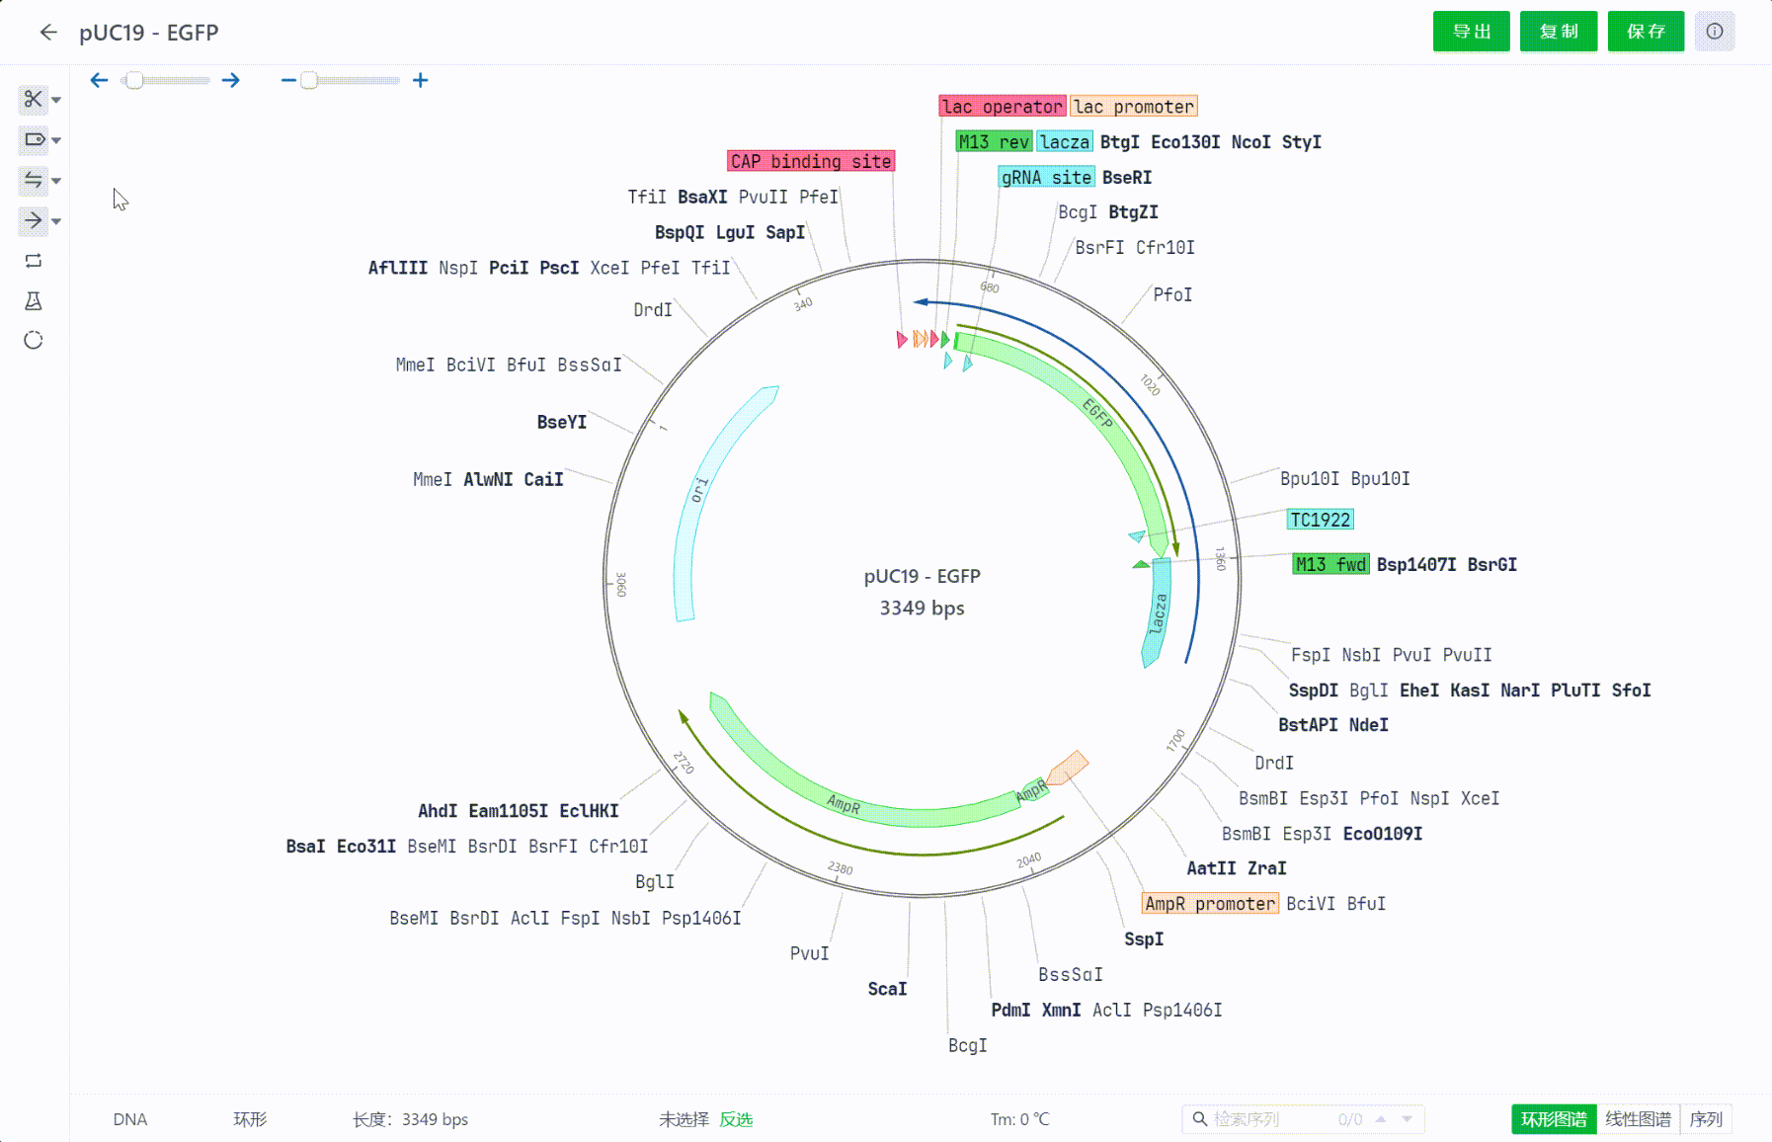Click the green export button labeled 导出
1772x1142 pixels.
click(1471, 32)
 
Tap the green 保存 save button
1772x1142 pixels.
click(1646, 32)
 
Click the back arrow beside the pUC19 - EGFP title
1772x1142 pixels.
click(48, 33)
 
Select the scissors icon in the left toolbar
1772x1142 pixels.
click(34, 99)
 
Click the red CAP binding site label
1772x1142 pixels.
click(811, 161)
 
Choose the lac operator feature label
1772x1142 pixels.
click(1003, 107)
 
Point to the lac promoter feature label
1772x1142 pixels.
click(1134, 107)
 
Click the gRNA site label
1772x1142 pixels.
click(1046, 178)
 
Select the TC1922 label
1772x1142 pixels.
click(1320, 520)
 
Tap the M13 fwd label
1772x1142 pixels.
click(1330, 564)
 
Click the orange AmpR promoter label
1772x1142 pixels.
click(1210, 904)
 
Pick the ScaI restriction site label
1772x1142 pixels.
click(887, 989)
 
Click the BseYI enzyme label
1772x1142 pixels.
click(562, 422)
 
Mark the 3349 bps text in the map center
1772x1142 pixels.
click(922, 608)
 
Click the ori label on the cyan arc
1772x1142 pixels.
click(699, 490)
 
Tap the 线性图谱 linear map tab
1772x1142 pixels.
click(1638, 1119)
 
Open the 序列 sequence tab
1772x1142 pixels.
click(1706, 1119)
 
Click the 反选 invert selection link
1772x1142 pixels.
click(736, 1119)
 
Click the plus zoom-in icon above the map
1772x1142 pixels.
click(421, 80)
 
